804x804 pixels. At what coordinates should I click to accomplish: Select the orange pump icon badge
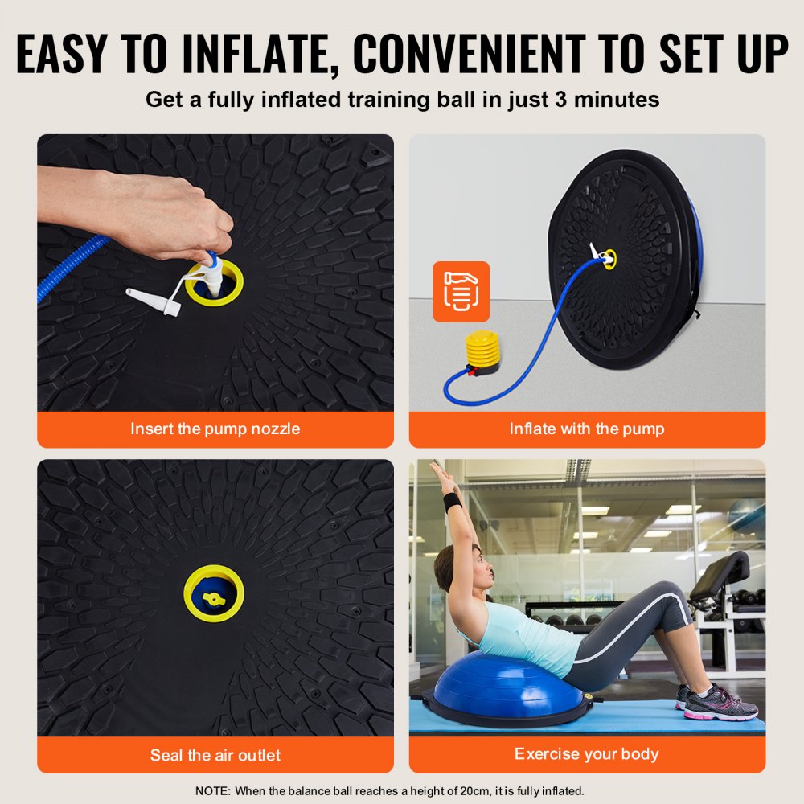pyautogui.click(x=461, y=291)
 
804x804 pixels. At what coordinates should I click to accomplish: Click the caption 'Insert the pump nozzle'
pyautogui.click(x=215, y=429)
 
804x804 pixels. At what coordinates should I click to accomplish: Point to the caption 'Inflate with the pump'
pyautogui.click(x=587, y=429)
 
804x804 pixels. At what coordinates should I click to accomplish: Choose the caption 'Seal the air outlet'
pyautogui.click(x=215, y=755)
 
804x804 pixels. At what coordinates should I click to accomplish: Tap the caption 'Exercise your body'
pyautogui.click(x=587, y=754)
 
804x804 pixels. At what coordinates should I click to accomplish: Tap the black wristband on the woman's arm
pyautogui.click(x=453, y=502)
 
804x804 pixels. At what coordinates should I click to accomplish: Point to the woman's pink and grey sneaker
pyautogui.click(x=720, y=703)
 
